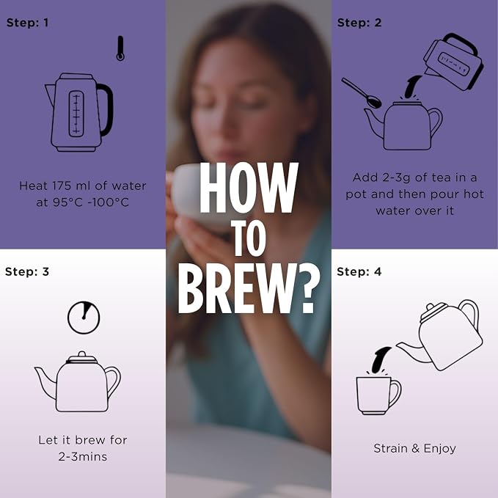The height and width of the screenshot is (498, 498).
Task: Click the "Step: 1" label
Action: (x=27, y=23)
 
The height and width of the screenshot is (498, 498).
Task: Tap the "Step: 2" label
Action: (x=359, y=23)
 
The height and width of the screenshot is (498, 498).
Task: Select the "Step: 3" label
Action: (x=27, y=272)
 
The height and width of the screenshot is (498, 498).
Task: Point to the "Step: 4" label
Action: (x=359, y=272)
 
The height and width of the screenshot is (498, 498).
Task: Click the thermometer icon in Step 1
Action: (x=120, y=48)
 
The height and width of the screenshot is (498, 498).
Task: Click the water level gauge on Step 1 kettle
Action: (x=76, y=114)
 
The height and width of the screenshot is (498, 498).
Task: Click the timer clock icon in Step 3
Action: (x=84, y=318)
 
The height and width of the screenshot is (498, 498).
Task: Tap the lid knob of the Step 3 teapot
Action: (x=82, y=354)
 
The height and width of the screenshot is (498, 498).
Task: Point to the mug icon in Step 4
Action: (x=378, y=395)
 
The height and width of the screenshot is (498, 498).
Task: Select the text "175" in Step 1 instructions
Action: (x=62, y=186)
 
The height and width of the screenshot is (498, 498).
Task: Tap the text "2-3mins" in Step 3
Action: (x=83, y=457)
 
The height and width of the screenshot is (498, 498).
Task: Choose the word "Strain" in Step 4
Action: (x=390, y=448)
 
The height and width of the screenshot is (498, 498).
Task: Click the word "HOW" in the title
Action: (x=249, y=187)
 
